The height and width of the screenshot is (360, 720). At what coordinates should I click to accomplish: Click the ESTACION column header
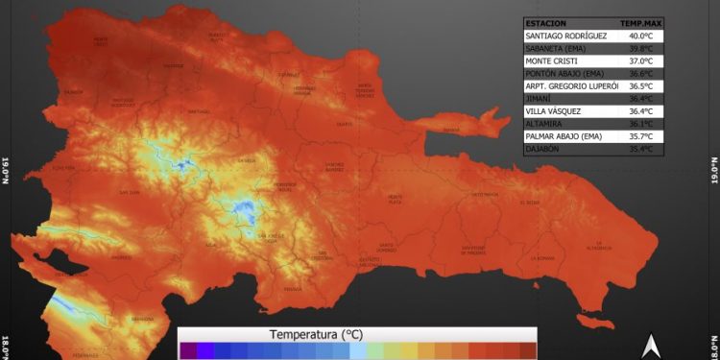point(546,23)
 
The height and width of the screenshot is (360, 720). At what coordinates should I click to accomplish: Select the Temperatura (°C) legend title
point(316,335)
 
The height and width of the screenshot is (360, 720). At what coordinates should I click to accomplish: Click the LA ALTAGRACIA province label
point(600,245)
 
